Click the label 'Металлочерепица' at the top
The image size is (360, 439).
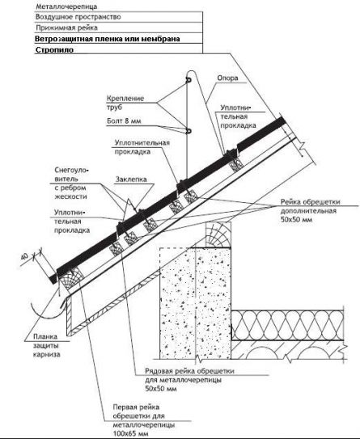[x=66, y=6]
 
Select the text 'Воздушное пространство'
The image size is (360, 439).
[x=78, y=17]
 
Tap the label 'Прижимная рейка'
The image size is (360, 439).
[x=66, y=27]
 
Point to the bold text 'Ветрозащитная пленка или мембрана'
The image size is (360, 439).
[x=108, y=39]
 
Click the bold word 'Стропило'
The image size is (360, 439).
[x=55, y=50]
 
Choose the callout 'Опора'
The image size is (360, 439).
[x=227, y=78]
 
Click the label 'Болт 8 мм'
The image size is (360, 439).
[x=124, y=121]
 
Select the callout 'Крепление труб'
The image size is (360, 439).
[x=125, y=103]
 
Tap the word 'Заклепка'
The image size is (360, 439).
[x=131, y=179]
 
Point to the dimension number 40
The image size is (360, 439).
[x=25, y=256]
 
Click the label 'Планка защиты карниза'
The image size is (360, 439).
[x=46, y=345]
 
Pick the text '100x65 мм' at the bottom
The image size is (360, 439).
[x=130, y=434]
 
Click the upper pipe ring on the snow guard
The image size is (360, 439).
[x=188, y=80]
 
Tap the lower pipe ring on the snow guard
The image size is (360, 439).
[x=188, y=131]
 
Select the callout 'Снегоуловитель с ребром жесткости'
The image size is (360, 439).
[x=71, y=184]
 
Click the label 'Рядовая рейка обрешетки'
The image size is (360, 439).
[x=189, y=371]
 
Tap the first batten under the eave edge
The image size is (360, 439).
[x=70, y=279]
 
